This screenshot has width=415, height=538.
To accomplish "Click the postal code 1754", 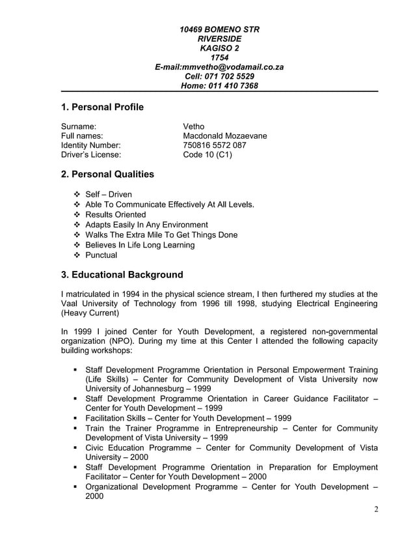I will tap(219, 57).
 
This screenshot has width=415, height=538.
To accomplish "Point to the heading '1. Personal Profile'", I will tap(101, 107).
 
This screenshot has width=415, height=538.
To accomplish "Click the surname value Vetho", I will tap(194, 126).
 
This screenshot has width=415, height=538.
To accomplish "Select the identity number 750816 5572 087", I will tap(215, 145).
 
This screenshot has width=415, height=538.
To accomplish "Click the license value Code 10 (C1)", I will tap(207, 155).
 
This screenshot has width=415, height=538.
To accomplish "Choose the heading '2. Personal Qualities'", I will tap(107, 175).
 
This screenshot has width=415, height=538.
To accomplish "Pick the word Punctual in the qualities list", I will tap(101, 255).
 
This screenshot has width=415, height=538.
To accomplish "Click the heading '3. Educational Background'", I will tap(122, 275).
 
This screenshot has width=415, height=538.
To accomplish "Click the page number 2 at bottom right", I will tap(376, 509).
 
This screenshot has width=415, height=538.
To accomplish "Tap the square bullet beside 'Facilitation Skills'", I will tap(77, 418).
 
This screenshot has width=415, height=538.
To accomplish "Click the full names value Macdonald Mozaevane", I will tap(225, 135).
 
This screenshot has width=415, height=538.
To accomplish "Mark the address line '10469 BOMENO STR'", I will tap(219, 30).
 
